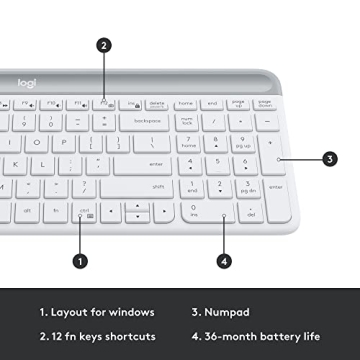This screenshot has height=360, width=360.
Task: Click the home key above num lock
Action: coord(185,103)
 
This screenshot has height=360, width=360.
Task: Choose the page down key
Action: coord(265,103)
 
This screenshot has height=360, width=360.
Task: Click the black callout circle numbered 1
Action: coord(81,261)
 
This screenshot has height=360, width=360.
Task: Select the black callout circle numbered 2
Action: coord(104,44)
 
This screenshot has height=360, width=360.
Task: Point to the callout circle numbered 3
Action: coord(331,158)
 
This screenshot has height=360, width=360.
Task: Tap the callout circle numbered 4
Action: coord(224,261)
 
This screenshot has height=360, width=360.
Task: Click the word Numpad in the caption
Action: coord(228,311)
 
